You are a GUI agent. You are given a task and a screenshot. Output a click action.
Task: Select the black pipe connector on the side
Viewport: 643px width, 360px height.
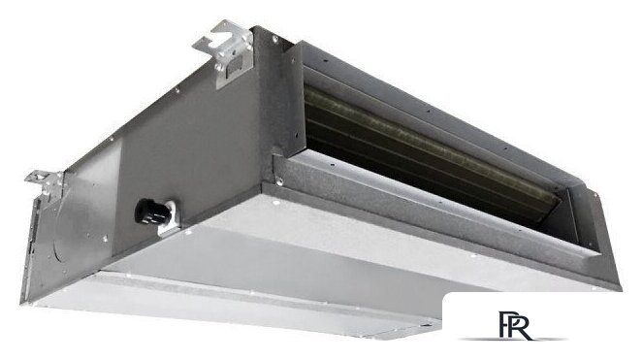point(150,209)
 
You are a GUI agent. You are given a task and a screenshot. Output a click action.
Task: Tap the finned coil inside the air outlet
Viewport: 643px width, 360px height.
point(427,146)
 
